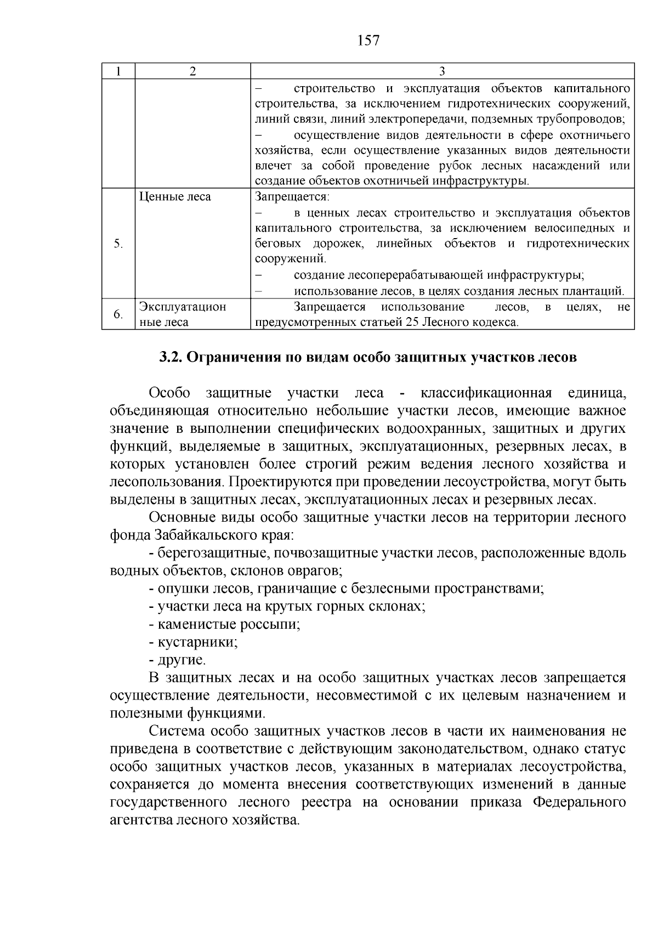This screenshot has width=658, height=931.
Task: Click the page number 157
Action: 368,41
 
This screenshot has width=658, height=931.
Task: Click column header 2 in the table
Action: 192,71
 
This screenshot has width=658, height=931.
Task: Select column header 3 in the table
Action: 442,71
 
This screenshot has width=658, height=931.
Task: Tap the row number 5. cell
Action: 118,244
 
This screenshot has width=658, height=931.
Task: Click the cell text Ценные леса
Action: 175,196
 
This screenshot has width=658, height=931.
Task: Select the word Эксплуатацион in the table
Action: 183,307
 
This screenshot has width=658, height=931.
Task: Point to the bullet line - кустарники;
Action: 193,642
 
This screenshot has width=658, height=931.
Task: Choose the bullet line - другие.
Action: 177,660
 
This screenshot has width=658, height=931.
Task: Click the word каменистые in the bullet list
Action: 193,624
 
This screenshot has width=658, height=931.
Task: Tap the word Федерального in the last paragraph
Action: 579,803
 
